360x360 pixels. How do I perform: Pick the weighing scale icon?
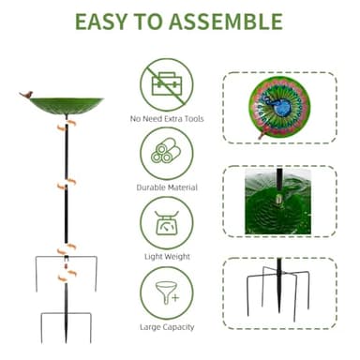tap(166, 221)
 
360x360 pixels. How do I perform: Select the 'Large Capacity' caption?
tap(166, 326)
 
